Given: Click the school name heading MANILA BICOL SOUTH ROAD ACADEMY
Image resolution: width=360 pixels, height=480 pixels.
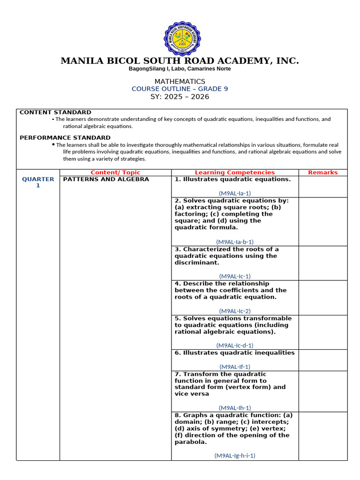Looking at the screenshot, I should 180,61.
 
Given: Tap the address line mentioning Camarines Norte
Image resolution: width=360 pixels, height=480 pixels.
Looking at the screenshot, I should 180,69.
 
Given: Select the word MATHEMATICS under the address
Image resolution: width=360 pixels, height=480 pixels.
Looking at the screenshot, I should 180,82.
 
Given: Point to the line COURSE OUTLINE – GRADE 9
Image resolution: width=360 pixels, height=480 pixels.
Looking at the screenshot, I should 180,89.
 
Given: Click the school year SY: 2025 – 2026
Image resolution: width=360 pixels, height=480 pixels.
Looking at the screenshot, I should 180,97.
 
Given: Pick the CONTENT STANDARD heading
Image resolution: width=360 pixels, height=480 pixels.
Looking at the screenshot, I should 55,112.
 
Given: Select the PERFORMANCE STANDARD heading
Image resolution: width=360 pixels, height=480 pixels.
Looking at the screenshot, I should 65,138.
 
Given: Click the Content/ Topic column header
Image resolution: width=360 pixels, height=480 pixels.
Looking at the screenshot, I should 115,172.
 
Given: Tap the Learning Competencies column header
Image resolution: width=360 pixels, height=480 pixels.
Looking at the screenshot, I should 235,172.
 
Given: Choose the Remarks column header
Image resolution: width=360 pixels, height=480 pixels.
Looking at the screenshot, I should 322,172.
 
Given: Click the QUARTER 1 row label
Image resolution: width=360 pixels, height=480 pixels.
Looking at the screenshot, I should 38,182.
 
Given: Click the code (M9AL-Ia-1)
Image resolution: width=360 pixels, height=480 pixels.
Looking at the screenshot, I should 235,193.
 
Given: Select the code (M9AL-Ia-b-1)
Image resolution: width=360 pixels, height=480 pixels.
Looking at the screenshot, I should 235,242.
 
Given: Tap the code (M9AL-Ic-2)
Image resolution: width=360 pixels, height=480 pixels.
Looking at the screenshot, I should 235,311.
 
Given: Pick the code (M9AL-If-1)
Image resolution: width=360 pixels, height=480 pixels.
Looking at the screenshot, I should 235,367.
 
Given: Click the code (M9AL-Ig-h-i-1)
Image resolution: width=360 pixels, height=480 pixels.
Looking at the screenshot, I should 235,455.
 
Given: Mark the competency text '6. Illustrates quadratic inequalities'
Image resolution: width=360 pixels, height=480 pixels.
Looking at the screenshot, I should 234,353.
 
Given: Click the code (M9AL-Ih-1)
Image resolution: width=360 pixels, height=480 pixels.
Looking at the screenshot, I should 235,408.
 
